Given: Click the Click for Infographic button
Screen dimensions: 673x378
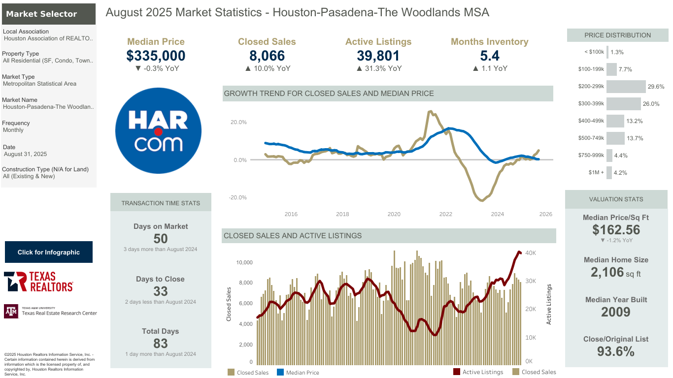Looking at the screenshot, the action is tap(49, 252).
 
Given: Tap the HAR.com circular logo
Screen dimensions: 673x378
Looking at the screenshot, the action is tap(158, 130).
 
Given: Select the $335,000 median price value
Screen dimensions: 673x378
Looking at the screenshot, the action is tap(156, 56).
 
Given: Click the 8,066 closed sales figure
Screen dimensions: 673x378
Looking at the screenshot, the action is tap(267, 56).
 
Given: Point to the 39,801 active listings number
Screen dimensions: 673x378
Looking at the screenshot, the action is tap(378, 56).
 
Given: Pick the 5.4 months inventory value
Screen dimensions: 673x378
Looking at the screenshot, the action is tap(490, 56).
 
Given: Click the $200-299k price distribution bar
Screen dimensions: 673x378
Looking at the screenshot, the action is tap(626, 87).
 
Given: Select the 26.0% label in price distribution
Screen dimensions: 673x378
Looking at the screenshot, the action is tap(651, 104).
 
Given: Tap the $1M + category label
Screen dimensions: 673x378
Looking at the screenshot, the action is tap(596, 172).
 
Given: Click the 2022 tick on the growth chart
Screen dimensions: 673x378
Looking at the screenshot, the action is tap(445, 214).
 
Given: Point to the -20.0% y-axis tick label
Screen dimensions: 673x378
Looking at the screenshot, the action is tap(237, 197).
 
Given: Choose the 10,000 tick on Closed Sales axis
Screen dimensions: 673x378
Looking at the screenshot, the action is tap(244, 262).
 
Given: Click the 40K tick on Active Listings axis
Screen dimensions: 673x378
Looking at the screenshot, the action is tap(531, 253).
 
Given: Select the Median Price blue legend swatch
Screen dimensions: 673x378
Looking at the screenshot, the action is tap(280, 372).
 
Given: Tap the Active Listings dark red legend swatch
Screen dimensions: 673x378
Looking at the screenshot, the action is tap(457, 372).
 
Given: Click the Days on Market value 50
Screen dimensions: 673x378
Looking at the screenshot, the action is tap(161, 239).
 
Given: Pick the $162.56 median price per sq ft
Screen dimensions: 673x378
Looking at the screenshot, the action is tap(616, 230).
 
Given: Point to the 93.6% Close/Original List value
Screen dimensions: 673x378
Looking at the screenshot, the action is tap(616, 351).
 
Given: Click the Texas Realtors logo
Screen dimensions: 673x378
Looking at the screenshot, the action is tap(38, 282).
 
